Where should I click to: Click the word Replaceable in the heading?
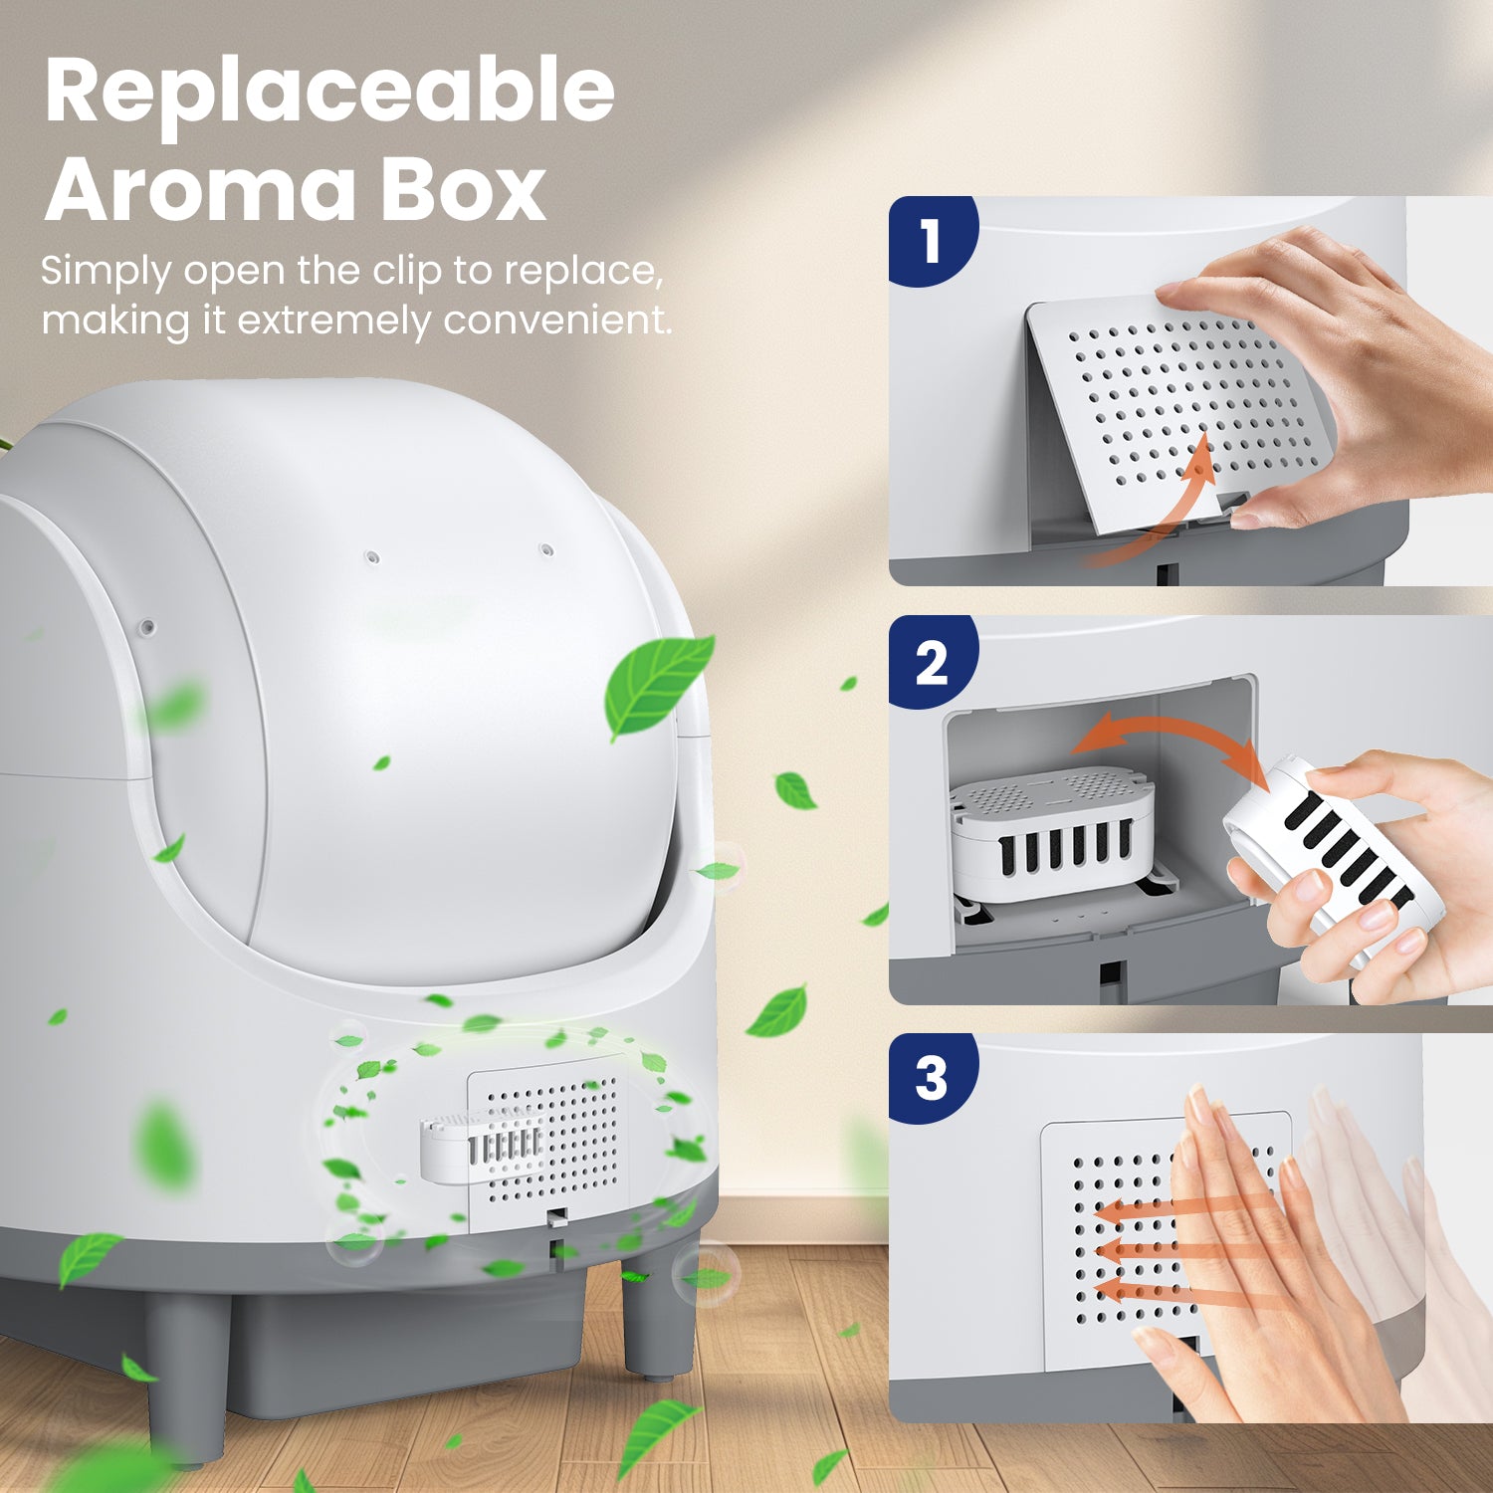329,93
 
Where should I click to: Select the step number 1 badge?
931,241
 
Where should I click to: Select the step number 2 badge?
931,662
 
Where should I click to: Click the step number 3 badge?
931,1079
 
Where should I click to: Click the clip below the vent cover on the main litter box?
558,1216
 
